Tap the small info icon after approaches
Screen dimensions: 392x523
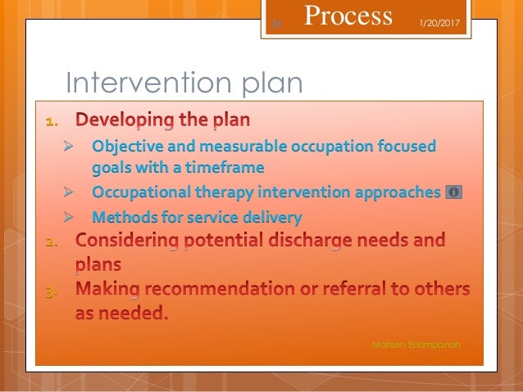453,192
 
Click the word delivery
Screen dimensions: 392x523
273,218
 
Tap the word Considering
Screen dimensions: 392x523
128,241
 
